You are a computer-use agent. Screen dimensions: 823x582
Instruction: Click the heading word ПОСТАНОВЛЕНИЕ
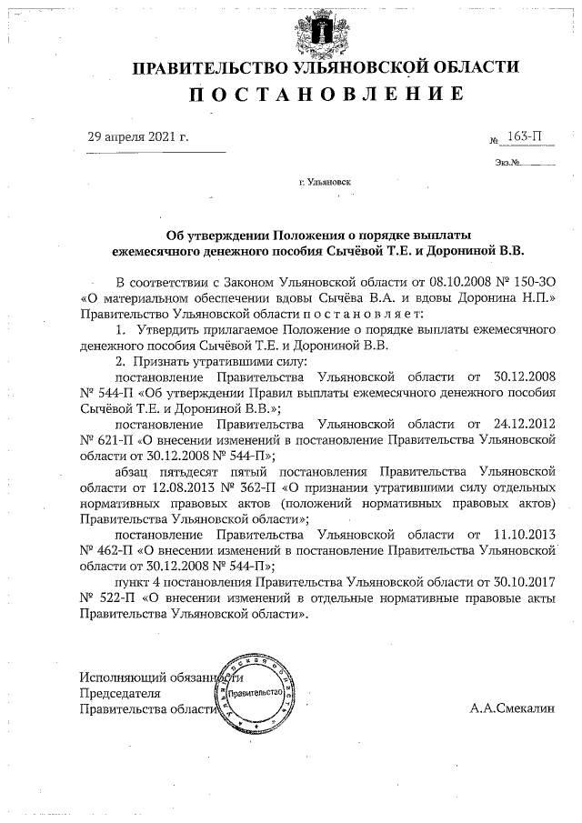(x=327, y=95)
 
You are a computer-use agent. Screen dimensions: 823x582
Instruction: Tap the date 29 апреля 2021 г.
(x=138, y=136)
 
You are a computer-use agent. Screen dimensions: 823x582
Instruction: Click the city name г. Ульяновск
(x=325, y=182)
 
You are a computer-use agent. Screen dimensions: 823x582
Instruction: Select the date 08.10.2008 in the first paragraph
(x=458, y=283)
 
